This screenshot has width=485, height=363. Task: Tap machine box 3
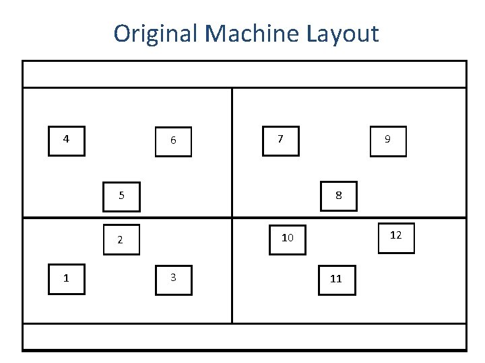click(174, 279)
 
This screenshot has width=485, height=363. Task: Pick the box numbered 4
click(67, 140)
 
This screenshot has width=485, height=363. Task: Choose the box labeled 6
click(174, 140)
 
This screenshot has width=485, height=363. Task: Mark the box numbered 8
click(339, 196)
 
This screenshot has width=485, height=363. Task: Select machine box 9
click(388, 140)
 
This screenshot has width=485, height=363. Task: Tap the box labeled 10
click(288, 239)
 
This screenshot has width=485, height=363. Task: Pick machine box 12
click(396, 236)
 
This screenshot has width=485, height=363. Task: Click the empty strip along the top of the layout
click(244, 74)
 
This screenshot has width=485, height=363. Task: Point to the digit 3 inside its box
click(173, 277)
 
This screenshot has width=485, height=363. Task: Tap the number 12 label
click(396, 235)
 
